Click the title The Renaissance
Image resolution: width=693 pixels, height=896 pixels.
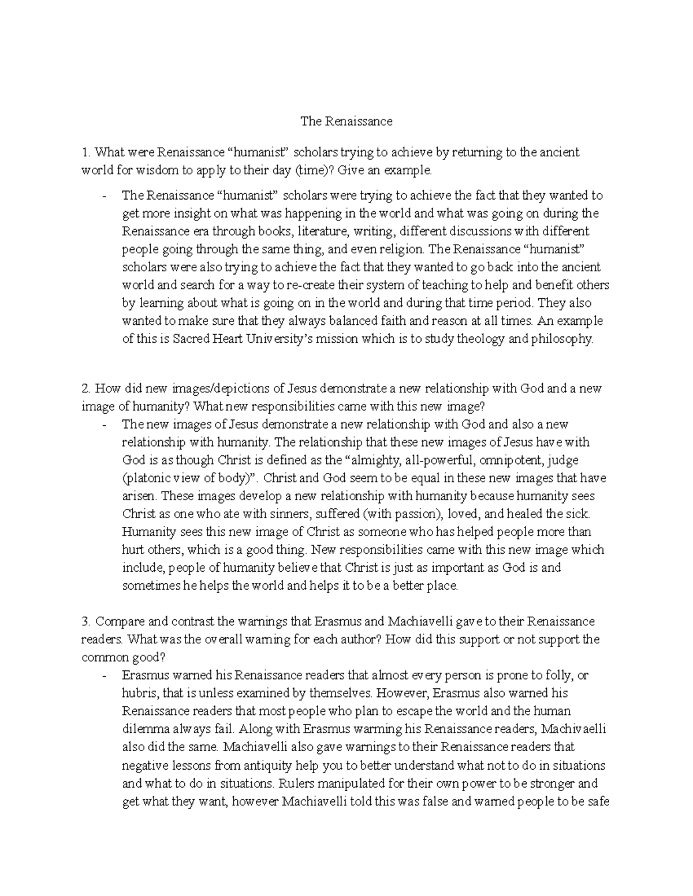coord(346,121)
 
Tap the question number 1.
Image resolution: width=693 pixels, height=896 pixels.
coord(85,152)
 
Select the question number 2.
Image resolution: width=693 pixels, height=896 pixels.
coord(85,388)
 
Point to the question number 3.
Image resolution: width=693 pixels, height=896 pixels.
coord(85,621)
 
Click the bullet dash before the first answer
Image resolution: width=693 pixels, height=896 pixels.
coord(105,196)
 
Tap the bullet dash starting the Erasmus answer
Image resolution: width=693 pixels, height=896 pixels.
coord(105,676)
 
